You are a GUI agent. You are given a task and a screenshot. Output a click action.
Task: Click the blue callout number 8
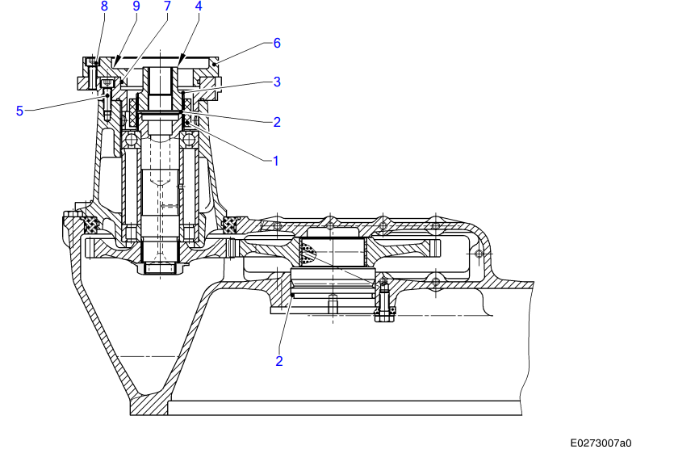103,6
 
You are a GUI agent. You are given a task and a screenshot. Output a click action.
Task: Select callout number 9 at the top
136,6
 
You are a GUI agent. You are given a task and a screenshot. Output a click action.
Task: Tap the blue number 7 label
167,6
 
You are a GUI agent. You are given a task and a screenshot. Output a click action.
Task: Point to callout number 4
199,6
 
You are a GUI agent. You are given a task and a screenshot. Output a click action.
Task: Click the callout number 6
277,43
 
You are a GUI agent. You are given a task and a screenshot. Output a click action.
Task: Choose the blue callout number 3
277,82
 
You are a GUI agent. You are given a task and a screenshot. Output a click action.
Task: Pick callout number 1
274,161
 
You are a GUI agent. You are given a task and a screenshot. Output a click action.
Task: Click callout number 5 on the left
19,111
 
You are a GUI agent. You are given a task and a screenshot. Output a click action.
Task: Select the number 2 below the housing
279,361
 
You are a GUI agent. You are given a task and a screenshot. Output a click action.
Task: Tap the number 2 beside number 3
277,122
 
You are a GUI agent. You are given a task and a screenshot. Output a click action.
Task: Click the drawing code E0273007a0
601,443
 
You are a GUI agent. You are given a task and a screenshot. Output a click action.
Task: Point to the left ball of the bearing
131,141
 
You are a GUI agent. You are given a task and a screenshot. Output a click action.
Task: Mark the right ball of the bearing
189,141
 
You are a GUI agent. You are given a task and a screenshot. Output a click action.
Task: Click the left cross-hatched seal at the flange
89,223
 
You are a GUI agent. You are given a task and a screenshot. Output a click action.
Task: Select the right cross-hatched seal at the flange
232,223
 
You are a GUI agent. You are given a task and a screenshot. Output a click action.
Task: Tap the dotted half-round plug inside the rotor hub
308,253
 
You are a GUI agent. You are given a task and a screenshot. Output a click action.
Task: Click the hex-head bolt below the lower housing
384,312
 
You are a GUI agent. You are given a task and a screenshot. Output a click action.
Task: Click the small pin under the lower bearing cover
332,304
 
